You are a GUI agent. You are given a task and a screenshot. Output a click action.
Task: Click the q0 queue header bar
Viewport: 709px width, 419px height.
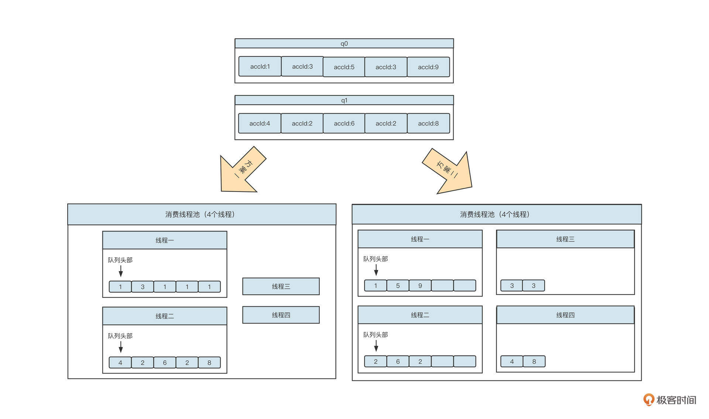click(x=344, y=44)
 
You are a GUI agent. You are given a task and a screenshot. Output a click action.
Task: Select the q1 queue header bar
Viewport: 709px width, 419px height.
click(x=344, y=100)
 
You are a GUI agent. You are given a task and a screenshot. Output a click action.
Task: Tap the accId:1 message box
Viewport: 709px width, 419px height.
click(x=260, y=66)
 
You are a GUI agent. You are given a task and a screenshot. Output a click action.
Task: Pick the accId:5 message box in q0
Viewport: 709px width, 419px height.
click(x=344, y=67)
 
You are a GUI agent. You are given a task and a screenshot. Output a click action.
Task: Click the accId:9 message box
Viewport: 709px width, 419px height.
click(x=428, y=67)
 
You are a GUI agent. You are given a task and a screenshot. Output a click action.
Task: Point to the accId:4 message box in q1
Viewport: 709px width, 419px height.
click(x=260, y=123)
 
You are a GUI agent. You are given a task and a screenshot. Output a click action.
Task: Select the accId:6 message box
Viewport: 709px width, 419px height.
click(x=344, y=123)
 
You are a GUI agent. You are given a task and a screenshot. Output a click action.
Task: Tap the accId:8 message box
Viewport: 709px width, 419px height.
click(x=428, y=123)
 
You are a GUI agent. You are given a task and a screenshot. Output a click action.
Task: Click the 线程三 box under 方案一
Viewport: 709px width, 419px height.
click(x=281, y=286)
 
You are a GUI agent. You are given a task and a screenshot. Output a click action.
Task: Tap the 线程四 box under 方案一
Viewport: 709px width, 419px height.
click(x=281, y=315)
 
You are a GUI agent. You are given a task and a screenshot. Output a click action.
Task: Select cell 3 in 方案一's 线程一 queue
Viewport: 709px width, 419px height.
click(x=143, y=287)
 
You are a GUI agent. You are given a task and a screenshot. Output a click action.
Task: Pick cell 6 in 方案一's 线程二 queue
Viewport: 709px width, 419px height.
click(x=165, y=363)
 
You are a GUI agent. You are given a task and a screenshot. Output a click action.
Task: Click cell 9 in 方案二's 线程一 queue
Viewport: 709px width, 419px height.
click(x=420, y=286)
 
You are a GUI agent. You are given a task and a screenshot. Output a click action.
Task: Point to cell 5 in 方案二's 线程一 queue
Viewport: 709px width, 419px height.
click(x=398, y=286)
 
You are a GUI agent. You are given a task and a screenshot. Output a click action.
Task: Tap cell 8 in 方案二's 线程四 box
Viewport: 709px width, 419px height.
click(x=534, y=361)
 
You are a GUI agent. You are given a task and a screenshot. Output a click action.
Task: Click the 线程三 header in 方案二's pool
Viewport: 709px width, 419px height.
click(x=565, y=239)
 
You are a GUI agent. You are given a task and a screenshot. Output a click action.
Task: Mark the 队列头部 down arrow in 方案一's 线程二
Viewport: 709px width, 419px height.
click(x=120, y=347)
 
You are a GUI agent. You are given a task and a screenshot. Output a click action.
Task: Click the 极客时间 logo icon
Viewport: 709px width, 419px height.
click(x=648, y=399)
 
